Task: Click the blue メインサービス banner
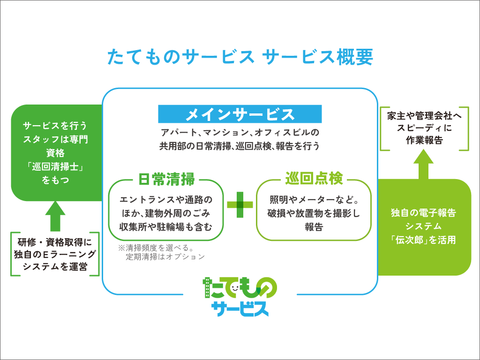tap(240, 114)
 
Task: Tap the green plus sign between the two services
tap(240, 205)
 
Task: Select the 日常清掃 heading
tap(166, 180)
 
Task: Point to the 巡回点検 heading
tap(314, 179)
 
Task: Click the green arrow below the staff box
tap(55, 216)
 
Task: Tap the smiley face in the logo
tap(235, 288)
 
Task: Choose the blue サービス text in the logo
tap(240, 308)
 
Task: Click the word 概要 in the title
tap(355, 57)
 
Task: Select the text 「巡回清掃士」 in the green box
tap(55, 166)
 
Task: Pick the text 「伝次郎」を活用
tap(423, 240)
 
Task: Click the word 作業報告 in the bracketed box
tap(424, 140)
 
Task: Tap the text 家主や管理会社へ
tap(424, 116)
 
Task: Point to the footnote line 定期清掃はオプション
tap(165, 256)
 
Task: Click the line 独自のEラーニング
tap(55, 255)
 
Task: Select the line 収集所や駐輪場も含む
tap(165, 227)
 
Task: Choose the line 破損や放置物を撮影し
tap(314, 213)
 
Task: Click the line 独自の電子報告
tap(423, 213)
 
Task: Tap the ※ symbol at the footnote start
tap(121, 247)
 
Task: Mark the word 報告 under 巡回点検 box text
tap(314, 227)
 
